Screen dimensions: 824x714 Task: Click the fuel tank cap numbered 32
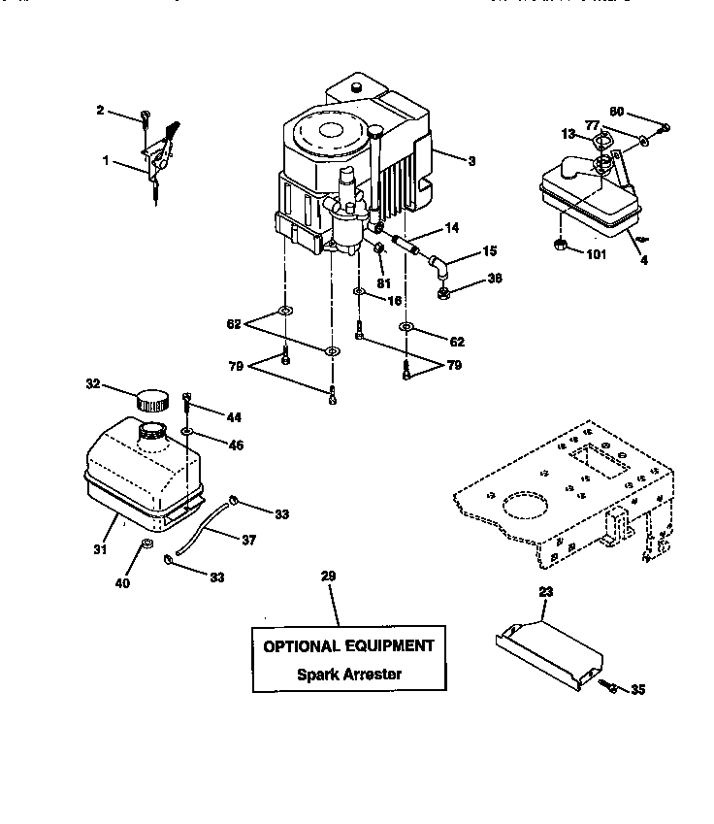pos(152,399)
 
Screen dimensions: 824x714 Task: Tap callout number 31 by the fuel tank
pos(100,549)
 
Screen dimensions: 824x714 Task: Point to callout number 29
pos(328,577)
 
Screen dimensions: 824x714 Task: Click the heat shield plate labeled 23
pos(546,649)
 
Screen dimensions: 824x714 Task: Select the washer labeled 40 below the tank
pos(146,544)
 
